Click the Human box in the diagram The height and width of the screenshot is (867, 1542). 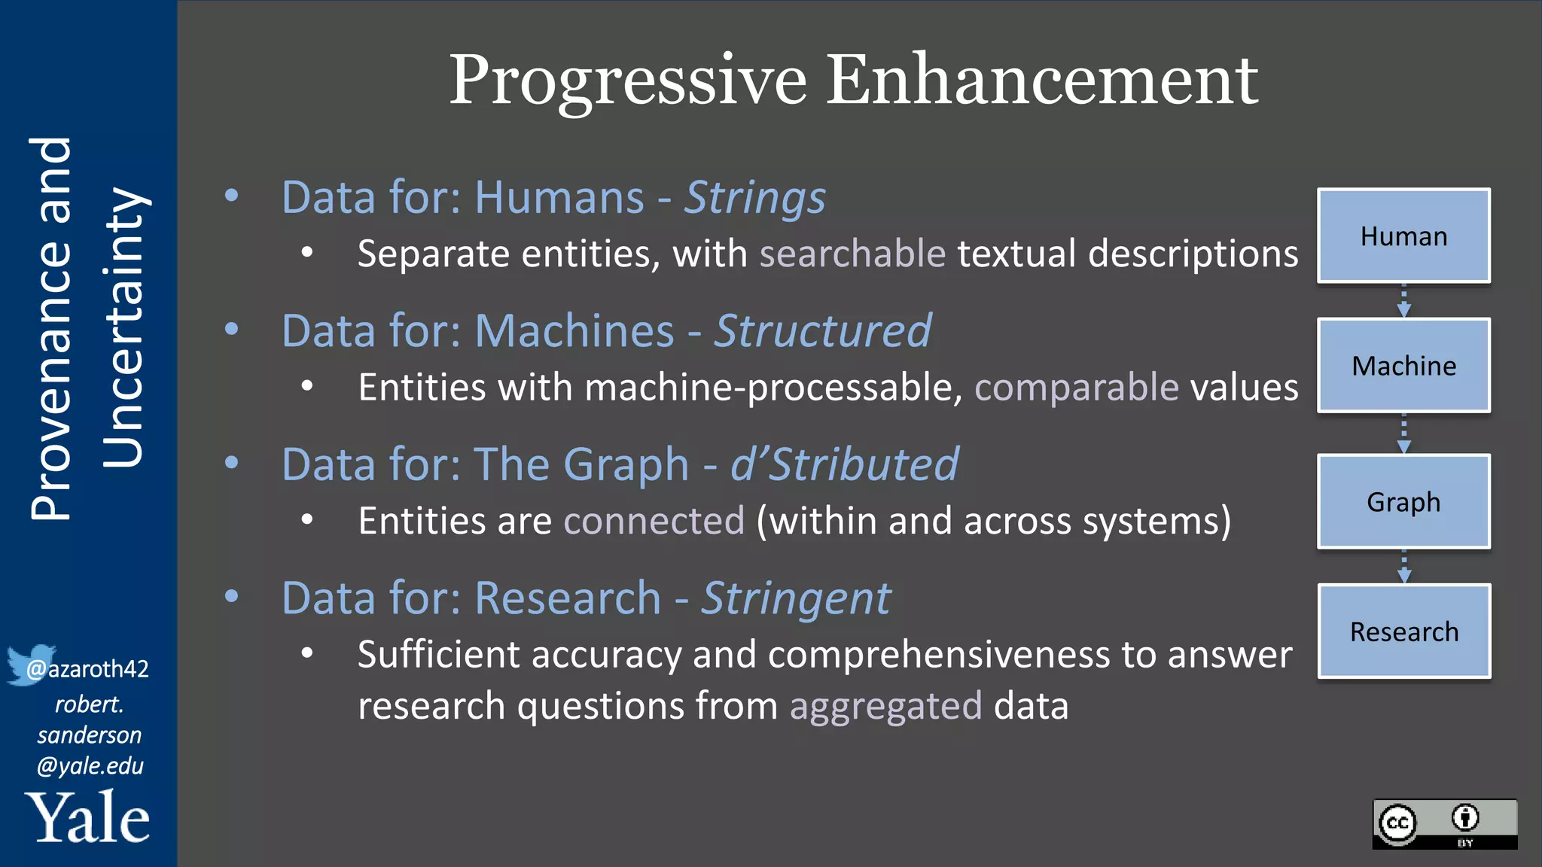click(1403, 236)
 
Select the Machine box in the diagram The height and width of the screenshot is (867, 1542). click(1403, 366)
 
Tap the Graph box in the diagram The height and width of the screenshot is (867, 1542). click(1403, 501)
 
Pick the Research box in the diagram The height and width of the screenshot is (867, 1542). click(1403, 631)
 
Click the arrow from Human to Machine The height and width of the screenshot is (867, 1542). click(1403, 300)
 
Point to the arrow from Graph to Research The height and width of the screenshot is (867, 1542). click(1403, 566)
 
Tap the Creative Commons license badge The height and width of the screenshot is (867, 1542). click(1444, 824)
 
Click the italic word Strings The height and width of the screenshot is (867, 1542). click(754, 198)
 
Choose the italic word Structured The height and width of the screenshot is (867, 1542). click(822, 331)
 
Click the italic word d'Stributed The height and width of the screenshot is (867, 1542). click(845, 464)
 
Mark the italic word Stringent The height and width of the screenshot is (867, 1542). click(796, 598)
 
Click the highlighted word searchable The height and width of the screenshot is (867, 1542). click(852, 254)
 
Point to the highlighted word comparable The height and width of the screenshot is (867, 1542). click(1077, 388)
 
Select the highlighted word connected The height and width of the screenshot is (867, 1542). click(654, 521)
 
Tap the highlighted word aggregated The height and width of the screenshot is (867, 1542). click(885, 706)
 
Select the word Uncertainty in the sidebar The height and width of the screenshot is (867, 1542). click(122, 327)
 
